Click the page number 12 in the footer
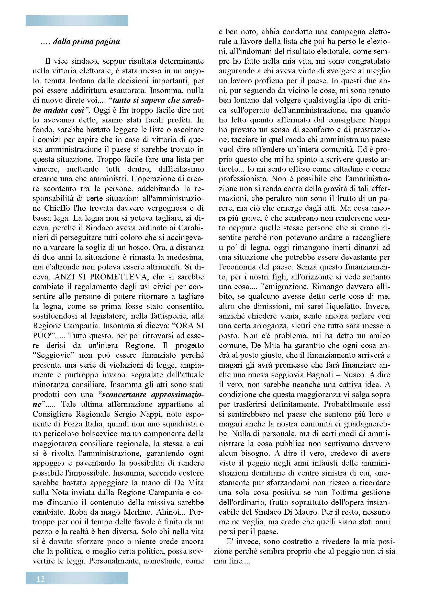coord(41,579)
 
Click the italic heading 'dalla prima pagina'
coord(86,42)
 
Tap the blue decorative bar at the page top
coord(77,20)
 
